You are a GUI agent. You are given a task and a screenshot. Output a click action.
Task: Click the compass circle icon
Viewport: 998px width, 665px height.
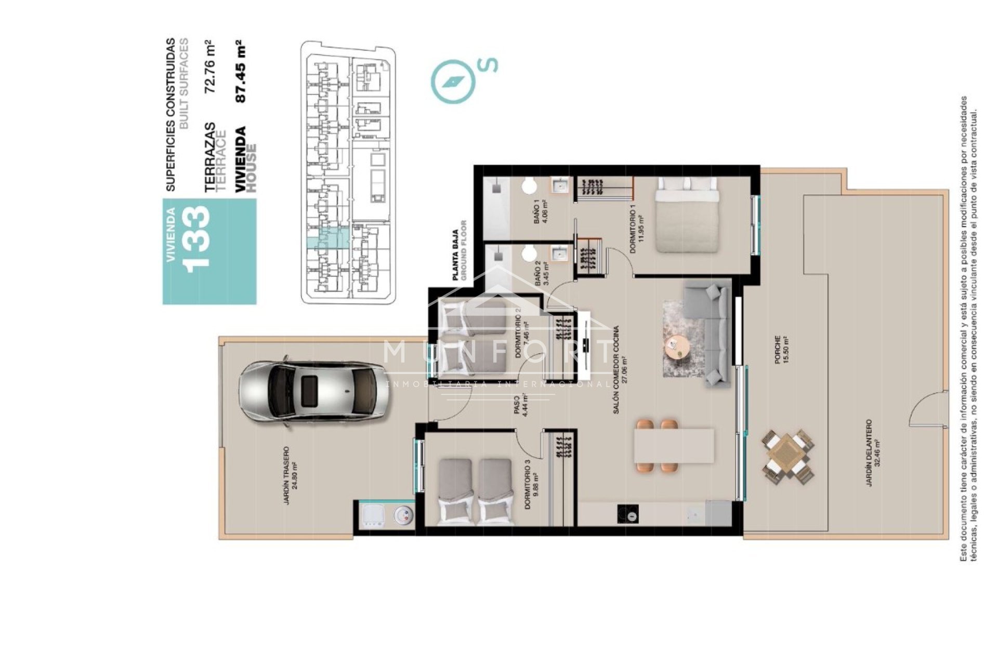tap(453, 81)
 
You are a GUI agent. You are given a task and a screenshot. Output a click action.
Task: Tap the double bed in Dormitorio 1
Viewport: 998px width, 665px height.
tap(686, 214)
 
